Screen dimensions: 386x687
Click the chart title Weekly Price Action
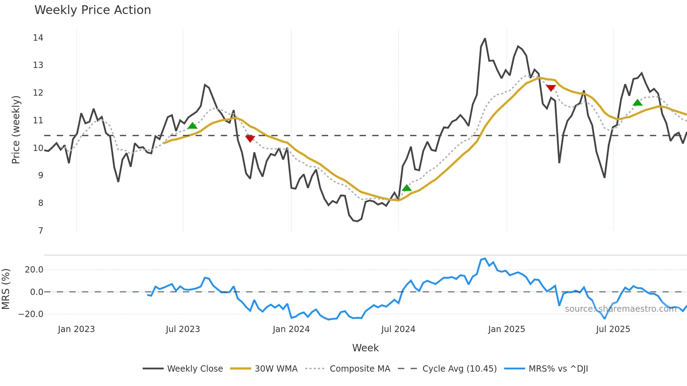tap(93, 10)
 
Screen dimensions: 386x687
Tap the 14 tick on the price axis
tap(38, 38)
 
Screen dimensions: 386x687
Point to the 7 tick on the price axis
tap(41, 230)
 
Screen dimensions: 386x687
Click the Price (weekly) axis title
tap(16, 130)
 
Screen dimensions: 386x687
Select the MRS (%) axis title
tap(6, 289)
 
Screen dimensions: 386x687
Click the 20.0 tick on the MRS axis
tap(34, 269)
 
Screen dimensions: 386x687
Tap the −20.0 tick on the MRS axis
tap(31, 314)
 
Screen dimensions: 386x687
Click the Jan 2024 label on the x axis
tap(291, 329)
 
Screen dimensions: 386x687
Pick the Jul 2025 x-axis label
tap(613, 329)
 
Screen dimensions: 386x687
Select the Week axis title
tap(365, 348)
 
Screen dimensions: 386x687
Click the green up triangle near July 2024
tap(407, 188)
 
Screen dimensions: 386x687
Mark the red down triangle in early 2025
tap(551, 88)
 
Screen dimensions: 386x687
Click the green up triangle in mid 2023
tap(192, 125)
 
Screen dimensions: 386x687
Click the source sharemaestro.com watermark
tap(620, 309)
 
